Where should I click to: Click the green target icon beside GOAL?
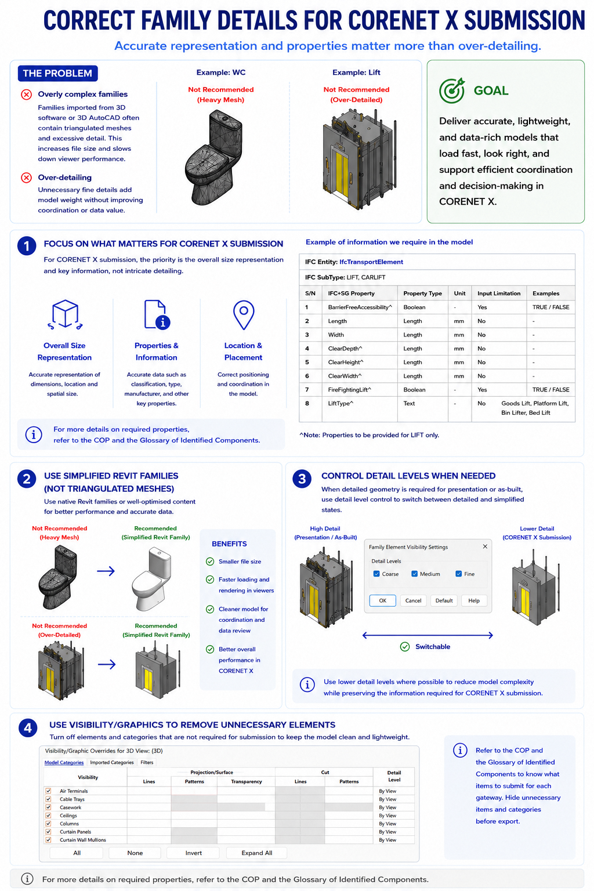coord(451,90)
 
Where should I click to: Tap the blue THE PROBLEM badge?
coord(57,73)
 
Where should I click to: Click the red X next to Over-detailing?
coord(26,178)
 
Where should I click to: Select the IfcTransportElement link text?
coord(371,262)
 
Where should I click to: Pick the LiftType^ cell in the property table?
coord(341,403)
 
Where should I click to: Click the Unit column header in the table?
coord(459,293)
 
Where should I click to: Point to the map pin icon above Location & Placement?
coord(244,315)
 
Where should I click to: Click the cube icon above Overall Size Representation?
coord(65,314)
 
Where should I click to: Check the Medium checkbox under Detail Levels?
coord(414,574)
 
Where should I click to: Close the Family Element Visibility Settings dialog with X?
coord(485,546)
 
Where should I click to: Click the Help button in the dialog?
coord(474,600)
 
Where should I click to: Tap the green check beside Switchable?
coord(405,646)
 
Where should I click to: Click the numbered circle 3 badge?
coord(302,479)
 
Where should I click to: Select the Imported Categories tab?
coord(112,762)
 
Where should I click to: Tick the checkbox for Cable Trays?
coord(48,799)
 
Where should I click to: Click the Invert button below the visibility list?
coord(193,853)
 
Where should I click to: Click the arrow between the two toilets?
coord(106,571)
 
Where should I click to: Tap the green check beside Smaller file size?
coord(210,562)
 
